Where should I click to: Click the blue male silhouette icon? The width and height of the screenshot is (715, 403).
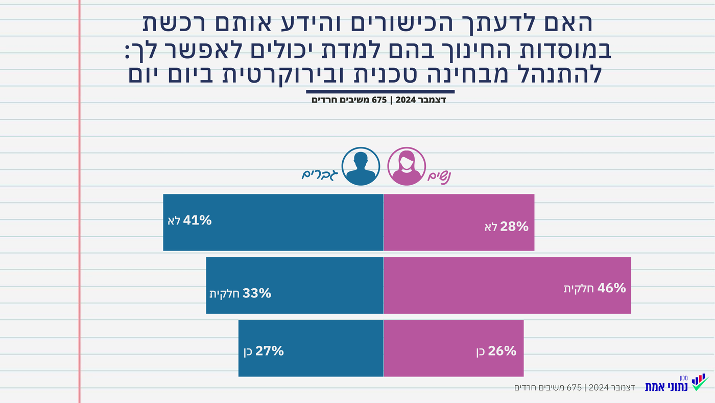pos(361,166)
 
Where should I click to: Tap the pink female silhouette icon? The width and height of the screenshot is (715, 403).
pos(407,166)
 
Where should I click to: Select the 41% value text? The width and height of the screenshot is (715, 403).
pos(198,220)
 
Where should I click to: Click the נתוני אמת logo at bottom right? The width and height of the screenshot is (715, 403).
pos(677,383)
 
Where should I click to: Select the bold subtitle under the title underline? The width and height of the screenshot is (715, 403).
pos(379,100)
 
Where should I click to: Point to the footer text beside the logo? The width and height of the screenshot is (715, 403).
pos(575,388)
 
